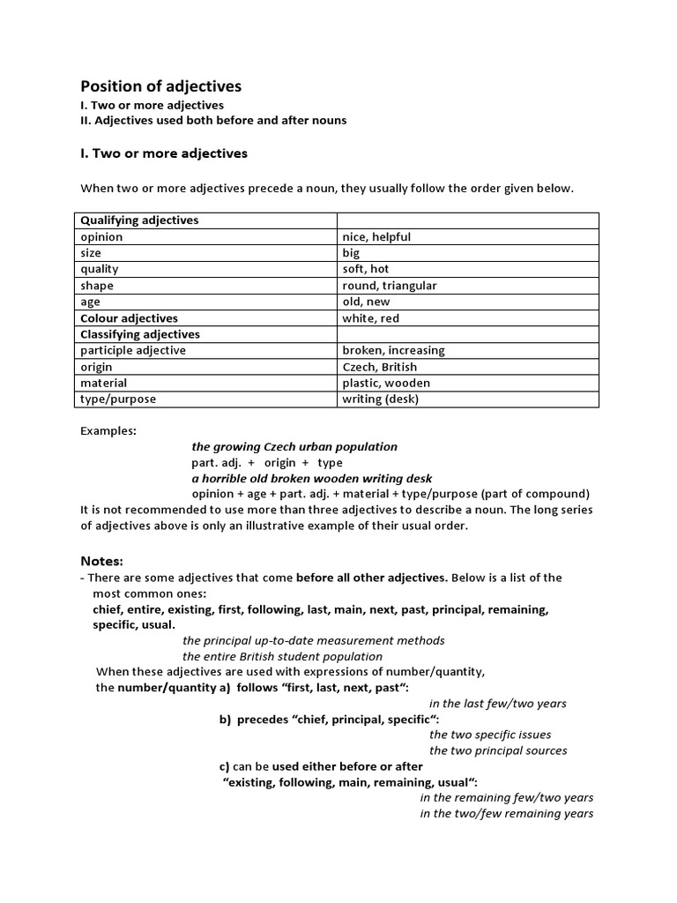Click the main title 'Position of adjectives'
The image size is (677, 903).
click(160, 86)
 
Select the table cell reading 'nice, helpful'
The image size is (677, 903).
click(376, 237)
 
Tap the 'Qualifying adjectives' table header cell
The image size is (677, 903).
click(139, 220)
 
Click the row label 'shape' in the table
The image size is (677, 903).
click(97, 286)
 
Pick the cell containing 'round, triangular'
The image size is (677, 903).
click(389, 286)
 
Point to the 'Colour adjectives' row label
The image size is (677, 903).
click(129, 318)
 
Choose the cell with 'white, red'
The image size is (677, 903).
click(370, 318)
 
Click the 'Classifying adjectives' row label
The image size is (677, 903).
click(139, 334)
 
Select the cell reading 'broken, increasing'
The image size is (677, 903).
click(393, 350)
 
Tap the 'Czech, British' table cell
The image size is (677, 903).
click(379, 367)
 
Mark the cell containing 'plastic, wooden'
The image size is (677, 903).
click(385, 383)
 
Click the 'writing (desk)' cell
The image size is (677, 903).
click(381, 399)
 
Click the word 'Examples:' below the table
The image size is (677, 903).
click(108, 431)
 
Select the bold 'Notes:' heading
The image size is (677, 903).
click(101, 561)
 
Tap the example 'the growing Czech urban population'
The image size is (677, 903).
click(294, 447)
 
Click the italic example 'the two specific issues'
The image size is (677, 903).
click(490, 735)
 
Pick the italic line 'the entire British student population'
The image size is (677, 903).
click(282, 656)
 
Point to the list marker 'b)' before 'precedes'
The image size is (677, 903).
click(225, 719)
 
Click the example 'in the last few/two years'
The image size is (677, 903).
click(497, 704)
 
